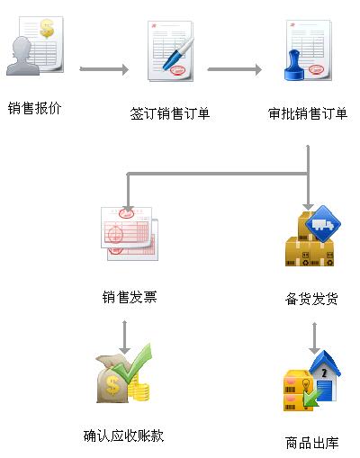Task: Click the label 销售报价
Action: (x=35, y=108)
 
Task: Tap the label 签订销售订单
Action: (x=170, y=113)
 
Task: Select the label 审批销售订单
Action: (x=308, y=113)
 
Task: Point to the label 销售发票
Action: (x=130, y=297)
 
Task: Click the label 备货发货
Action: (x=311, y=299)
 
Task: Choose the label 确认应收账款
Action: (x=123, y=436)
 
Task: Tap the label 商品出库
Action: (x=312, y=443)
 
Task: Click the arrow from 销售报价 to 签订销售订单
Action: (x=104, y=69)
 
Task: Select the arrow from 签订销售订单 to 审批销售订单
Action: (x=235, y=69)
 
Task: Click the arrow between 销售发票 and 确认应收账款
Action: (x=124, y=337)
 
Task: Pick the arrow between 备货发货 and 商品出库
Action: (x=314, y=338)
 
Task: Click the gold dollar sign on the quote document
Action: (x=47, y=29)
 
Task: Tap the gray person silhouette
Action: (x=22, y=56)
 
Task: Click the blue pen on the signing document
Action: (x=178, y=54)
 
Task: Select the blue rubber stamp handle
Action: (x=294, y=66)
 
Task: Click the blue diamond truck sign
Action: (x=323, y=224)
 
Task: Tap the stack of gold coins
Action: (x=139, y=390)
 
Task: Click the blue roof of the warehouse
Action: (x=325, y=364)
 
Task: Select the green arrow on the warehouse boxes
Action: (x=310, y=400)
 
